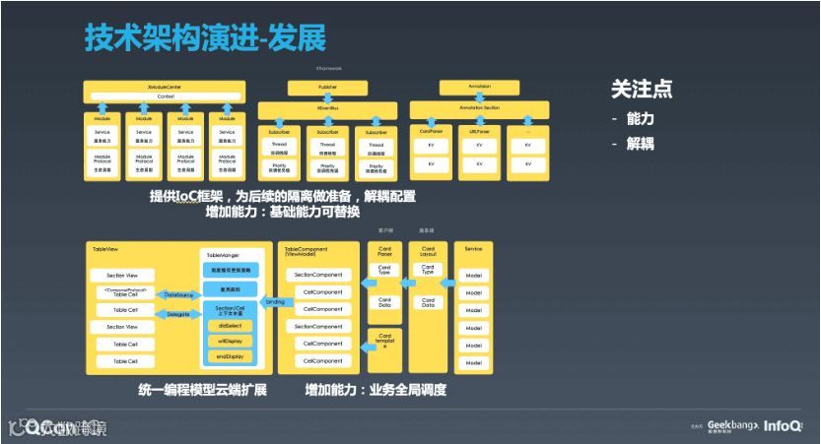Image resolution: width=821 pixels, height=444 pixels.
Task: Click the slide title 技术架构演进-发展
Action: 205,37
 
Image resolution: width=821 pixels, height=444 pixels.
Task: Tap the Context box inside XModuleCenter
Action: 165,96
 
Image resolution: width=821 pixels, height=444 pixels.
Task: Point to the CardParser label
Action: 430,129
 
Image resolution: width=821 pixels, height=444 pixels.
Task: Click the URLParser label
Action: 479,129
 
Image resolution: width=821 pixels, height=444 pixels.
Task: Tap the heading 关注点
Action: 642,89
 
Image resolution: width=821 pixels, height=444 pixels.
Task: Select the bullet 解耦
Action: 641,144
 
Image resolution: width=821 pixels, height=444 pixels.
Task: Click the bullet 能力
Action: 641,118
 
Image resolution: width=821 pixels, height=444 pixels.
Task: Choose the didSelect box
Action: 229,326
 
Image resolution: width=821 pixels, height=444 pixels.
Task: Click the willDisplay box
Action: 229,341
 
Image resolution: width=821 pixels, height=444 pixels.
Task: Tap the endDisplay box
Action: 229,356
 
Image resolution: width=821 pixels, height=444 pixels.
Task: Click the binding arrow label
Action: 275,302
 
